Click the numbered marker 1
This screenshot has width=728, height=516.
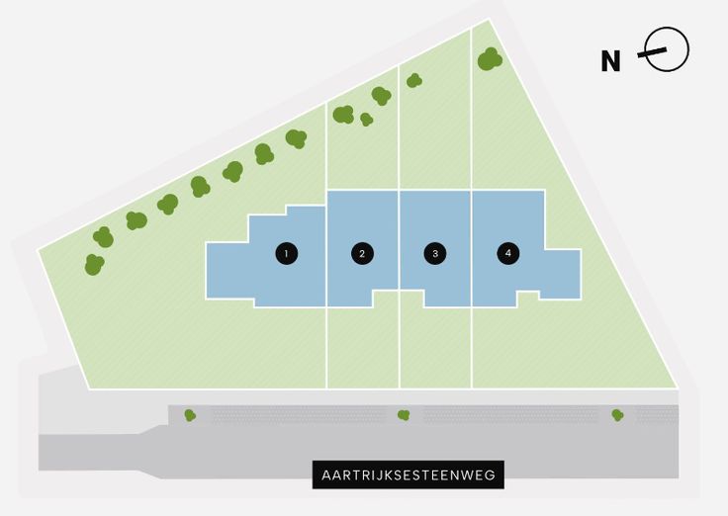(x=286, y=254)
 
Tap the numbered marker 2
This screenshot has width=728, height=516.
(x=363, y=254)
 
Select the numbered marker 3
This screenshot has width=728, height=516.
(x=434, y=254)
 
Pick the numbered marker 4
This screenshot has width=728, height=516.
(x=508, y=254)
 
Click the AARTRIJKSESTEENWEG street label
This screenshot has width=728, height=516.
(x=408, y=475)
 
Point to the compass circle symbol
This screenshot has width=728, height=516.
(x=668, y=49)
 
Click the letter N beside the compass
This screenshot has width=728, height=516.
(x=611, y=61)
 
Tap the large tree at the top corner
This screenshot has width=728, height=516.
(x=490, y=59)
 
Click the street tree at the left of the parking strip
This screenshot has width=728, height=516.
(x=190, y=415)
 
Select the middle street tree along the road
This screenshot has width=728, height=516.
(x=404, y=415)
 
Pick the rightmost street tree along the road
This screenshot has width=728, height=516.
(x=617, y=415)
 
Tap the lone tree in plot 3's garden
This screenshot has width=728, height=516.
(x=414, y=81)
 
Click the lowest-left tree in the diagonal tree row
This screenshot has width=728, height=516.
(x=94, y=265)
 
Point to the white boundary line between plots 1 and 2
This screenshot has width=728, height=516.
(x=326, y=346)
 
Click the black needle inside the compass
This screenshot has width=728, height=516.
(x=661, y=51)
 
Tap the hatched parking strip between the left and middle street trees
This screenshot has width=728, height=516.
(x=297, y=415)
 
